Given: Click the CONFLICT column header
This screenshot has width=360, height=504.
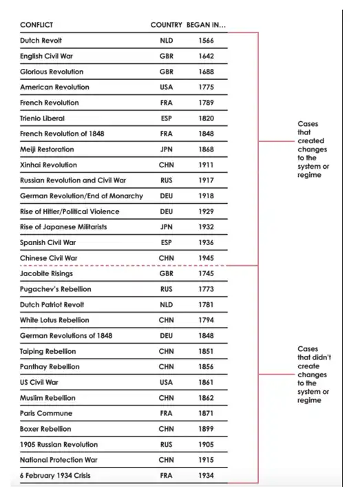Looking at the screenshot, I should coord(37,25).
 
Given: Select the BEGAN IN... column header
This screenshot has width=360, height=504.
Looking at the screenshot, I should coord(206,25).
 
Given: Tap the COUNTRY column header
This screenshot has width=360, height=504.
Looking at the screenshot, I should coord(166,25).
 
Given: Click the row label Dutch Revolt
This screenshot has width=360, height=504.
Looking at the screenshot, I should coord(41,41).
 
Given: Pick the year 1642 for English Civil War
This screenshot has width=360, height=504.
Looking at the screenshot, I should coord(206,56).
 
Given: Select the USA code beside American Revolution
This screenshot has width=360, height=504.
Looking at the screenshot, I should coord(166,87).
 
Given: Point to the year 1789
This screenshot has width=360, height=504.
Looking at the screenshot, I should coord(206,103).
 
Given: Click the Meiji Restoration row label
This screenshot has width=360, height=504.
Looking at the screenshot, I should coord(47,149).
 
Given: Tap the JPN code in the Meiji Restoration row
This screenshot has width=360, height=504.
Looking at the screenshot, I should coord(166,149).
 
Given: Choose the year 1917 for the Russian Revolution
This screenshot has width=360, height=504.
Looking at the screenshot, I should coord(206,180).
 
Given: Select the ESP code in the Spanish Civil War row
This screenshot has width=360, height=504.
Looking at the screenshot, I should coord(166,242).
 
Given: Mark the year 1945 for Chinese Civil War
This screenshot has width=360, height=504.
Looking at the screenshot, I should coord(206,258).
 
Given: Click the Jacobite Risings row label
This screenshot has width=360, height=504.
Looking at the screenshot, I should coord(47,273).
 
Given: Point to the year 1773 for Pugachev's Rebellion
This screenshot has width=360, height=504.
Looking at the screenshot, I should coord(206,289).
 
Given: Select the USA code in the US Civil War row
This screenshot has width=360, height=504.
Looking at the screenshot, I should coord(166,382).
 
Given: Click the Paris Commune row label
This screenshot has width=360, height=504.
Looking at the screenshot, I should coord(46,413).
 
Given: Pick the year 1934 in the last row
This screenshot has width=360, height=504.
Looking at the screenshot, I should coord(206,475).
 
